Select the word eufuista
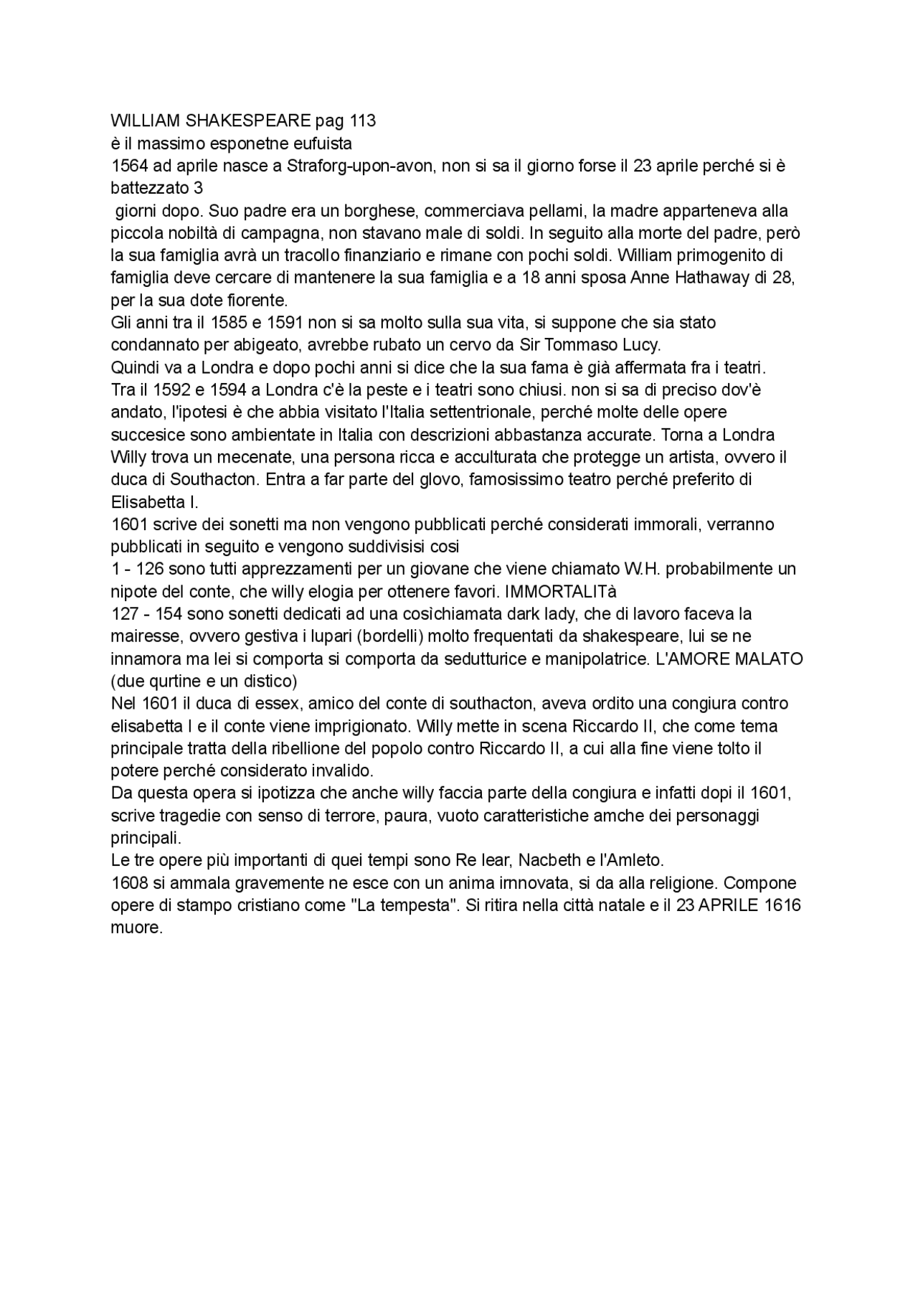(x=320, y=143)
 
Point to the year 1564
(x=130, y=166)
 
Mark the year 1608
(x=130, y=883)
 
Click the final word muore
(x=136, y=928)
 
